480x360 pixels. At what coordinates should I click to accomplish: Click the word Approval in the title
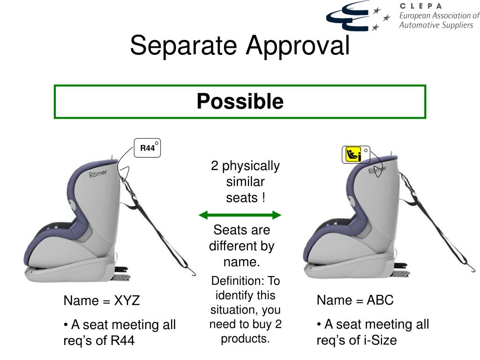click(x=298, y=46)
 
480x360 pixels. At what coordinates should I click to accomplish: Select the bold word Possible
click(x=240, y=101)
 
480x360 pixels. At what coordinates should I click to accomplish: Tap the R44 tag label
click(x=147, y=148)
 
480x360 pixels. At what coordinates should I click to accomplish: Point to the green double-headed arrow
click(x=240, y=215)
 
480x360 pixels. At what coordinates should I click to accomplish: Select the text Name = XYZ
click(x=102, y=300)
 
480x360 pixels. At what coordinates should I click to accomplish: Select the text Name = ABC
click(x=355, y=300)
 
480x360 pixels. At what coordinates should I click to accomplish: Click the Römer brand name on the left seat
click(x=98, y=174)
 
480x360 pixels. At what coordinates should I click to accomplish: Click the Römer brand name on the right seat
click(x=377, y=170)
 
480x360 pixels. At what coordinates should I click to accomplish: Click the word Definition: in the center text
click(x=238, y=281)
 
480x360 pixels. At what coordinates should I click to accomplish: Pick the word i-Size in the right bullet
click(x=380, y=340)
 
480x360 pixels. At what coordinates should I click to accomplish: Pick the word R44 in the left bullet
click(x=122, y=341)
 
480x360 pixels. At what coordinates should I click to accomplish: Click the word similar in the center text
click(x=246, y=182)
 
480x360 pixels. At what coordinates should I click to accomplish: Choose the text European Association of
click(x=439, y=15)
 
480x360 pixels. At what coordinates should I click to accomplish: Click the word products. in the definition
click(x=246, y=338)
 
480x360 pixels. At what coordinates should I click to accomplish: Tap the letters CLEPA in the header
click(x=420, y=6)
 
